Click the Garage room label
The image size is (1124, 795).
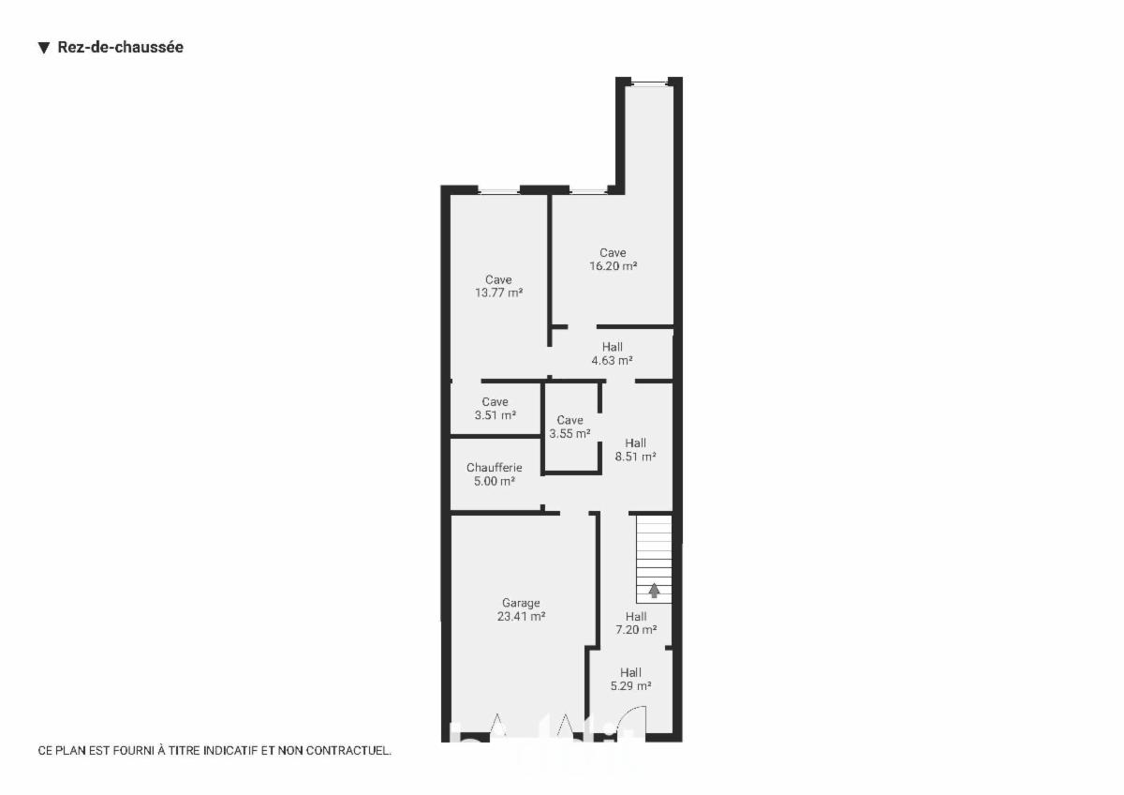521,603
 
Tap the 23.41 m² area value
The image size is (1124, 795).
521,616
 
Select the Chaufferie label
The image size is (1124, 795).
495,468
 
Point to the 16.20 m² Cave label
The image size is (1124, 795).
614,259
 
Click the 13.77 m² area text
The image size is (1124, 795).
498,292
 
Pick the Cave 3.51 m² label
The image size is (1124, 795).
495,409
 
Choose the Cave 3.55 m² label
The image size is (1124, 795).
569,427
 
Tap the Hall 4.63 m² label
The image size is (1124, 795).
613,353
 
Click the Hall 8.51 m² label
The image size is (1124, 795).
636,450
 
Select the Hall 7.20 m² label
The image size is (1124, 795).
636,622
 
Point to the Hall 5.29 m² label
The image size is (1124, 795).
630,679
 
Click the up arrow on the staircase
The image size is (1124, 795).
654,590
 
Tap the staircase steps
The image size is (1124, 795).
654,559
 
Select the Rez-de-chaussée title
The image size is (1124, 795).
121,47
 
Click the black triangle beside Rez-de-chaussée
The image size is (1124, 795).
44,48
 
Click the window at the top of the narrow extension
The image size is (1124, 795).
649,83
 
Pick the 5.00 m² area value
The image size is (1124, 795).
495,481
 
